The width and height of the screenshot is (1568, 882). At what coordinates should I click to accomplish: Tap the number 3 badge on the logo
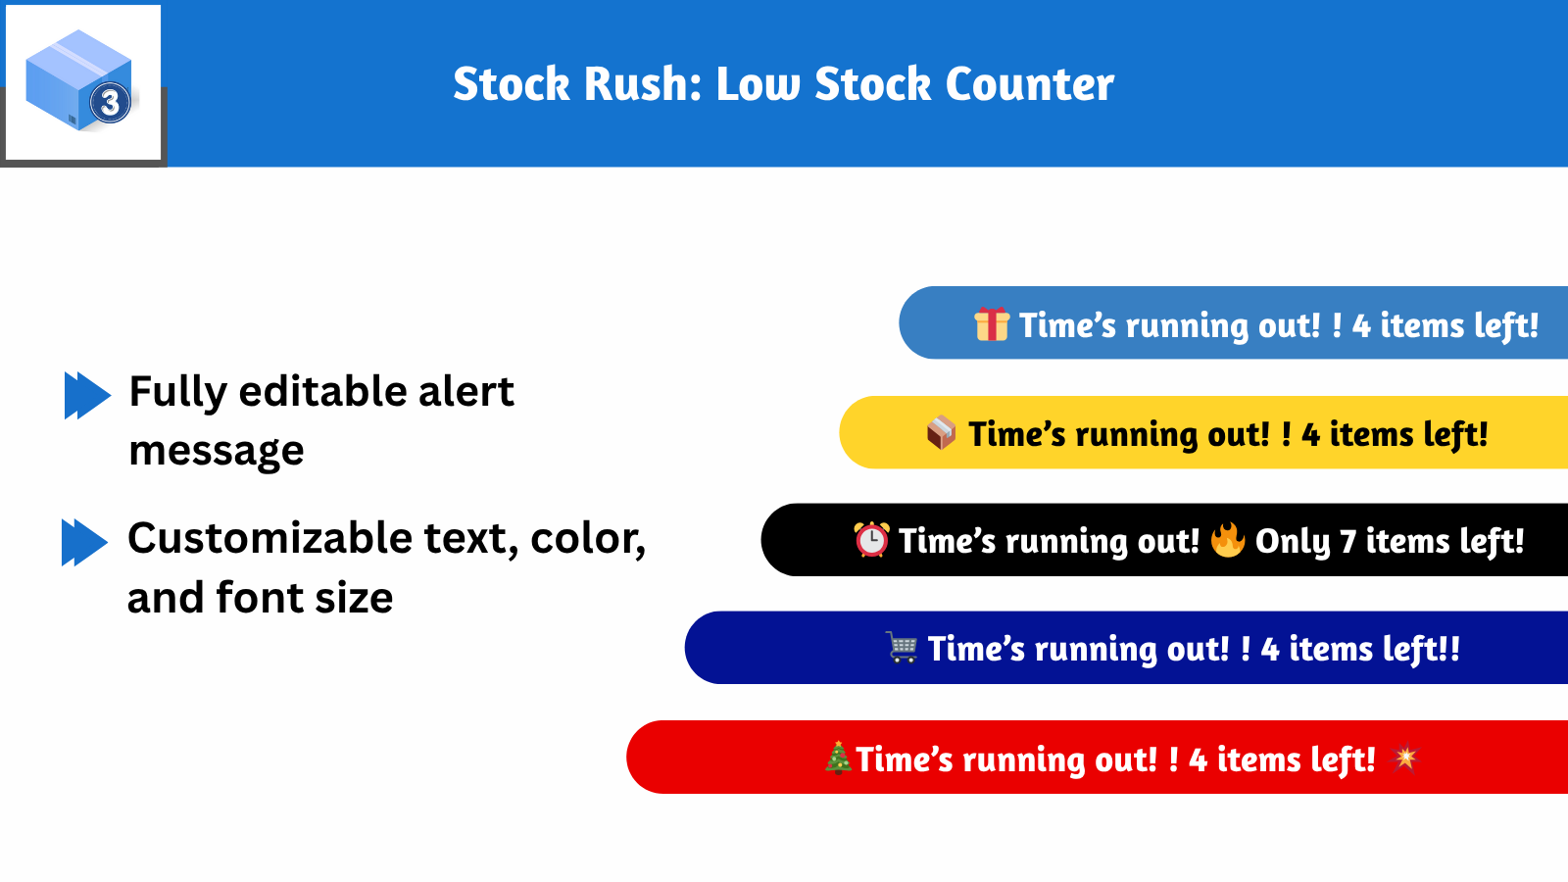tap(110, 102)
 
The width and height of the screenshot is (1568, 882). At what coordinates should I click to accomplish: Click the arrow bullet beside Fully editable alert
tap(87, 395)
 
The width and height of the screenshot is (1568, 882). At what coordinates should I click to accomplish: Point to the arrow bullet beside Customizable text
tap(84, 542)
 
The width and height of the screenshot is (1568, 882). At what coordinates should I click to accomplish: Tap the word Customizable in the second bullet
tap(269, 538)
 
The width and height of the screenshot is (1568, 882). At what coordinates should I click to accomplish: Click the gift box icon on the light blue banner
tap(992, 324)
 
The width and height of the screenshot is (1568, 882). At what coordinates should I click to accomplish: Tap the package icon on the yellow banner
tap(941, 432)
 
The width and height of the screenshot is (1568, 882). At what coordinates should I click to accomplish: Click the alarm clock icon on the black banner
tap(871, 540)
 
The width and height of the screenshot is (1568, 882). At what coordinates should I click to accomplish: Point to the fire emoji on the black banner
tap(1227, 539)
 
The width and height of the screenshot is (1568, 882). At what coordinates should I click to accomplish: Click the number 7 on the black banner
tap(1347, 542)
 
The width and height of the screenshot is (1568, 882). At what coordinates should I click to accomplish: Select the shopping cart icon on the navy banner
tap(903, 648)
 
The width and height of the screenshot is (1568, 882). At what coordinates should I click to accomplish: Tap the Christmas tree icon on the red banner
tap(838, 758)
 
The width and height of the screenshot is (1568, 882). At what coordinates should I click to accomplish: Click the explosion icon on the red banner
tap(1405, 758)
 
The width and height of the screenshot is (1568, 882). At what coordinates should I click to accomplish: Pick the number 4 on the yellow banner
tap(1310, 435)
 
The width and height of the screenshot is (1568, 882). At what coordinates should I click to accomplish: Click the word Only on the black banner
tap(1293, 542)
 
